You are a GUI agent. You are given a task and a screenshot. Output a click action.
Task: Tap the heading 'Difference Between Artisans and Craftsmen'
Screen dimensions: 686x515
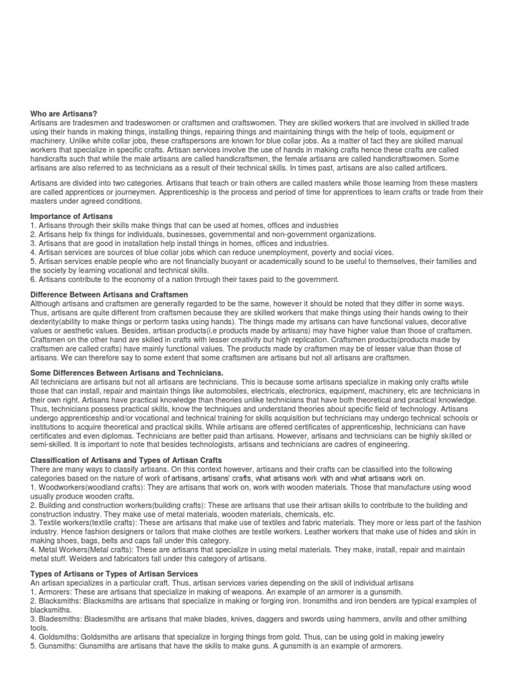[x=109, y=295]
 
